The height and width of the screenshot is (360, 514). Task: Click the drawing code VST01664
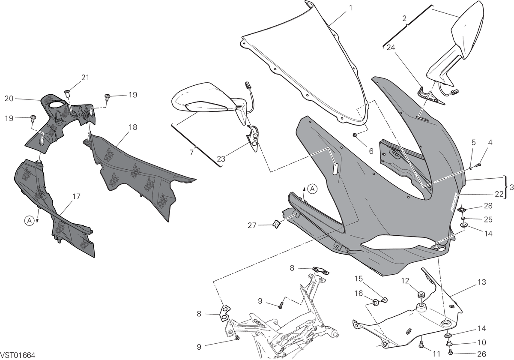(18, 355)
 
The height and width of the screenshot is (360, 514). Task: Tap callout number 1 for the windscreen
(350, 8)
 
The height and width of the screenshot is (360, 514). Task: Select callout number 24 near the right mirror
(391, 48)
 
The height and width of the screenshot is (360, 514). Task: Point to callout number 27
(252, 225)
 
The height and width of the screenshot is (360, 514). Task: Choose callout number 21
(85, 78)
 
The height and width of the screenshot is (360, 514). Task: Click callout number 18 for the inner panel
(133, 127)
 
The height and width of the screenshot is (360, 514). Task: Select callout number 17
(76, 196)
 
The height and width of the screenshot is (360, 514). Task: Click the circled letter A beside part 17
(30, 220)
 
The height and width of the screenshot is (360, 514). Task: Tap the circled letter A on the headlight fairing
(312, 189)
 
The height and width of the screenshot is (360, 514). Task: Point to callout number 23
(221, 159)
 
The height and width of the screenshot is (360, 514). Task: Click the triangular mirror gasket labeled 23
(253, 138)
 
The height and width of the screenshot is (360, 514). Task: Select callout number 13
(481, 282)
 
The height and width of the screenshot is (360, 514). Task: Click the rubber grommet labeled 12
(420, 294)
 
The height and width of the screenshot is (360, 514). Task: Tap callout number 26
(481, 354)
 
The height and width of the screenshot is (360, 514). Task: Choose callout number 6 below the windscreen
(371, 151)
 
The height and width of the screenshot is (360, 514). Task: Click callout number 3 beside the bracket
(511, 187)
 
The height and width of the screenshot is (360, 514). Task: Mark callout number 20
(9, 99)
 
